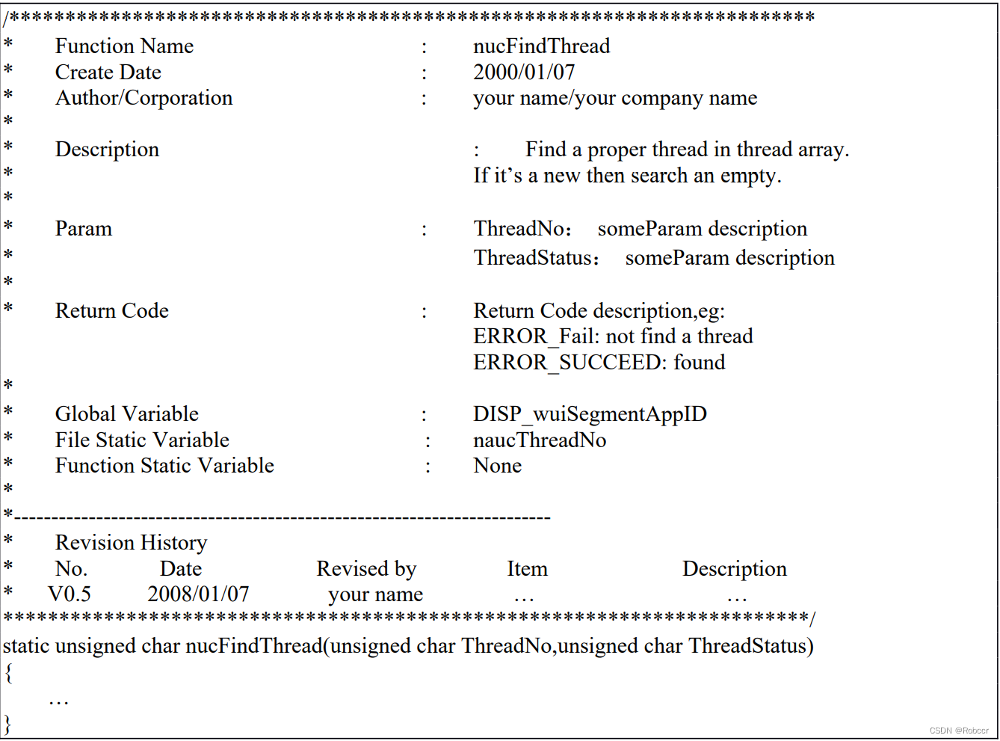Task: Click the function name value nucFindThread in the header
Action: coord(541,46)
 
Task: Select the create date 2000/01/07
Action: coord(524,73)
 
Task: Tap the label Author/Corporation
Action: coord(143,98)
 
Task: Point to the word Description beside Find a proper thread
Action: coord(107,150)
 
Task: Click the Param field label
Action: coord(83,229)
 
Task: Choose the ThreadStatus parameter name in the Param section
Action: coord(533,258)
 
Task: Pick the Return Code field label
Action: coord(111,311)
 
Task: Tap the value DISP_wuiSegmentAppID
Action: coord(590,414)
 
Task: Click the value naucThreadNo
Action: coord(540,440)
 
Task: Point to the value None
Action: coord(497,466)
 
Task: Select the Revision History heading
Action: coord(131,543)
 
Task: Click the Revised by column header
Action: coord(366,569)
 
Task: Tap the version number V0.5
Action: coord(70,594)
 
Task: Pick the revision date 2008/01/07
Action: coord(198,594)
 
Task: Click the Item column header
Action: coord(527,569)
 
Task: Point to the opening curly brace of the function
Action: coord(8,673)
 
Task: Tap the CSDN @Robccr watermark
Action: coord(959,731)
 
